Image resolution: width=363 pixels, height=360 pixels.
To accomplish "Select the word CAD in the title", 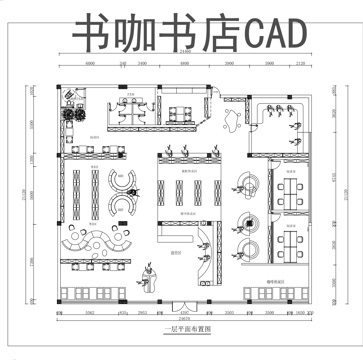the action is (272, 34).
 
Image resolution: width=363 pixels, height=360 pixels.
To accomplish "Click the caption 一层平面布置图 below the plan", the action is (182, 327).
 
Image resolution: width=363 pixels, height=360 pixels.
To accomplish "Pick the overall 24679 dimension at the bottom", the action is (184, 320).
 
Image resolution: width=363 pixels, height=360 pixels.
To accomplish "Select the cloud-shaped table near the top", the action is (233, 117).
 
